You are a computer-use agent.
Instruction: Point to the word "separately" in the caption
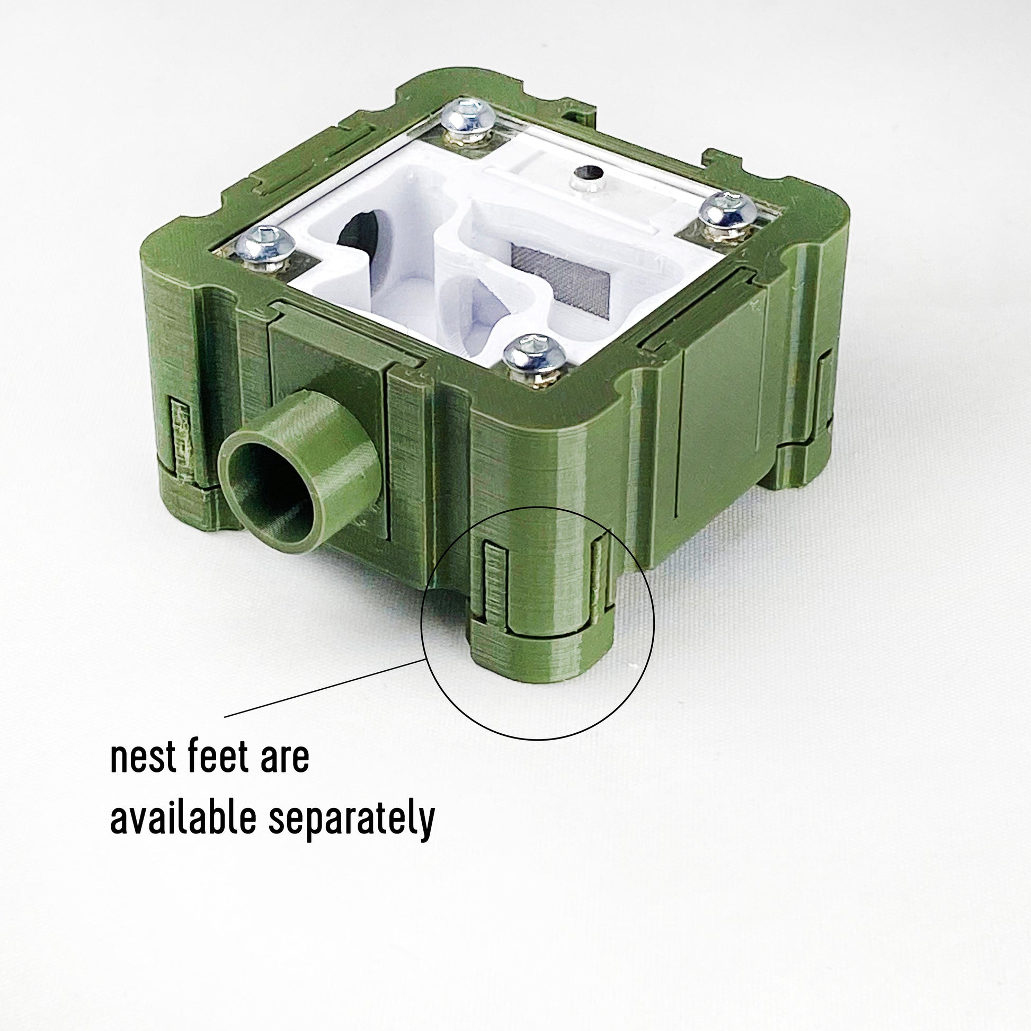pos(352,820)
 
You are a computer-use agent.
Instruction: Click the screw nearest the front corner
pos(536,357)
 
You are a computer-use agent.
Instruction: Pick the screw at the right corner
pos(727,215)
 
